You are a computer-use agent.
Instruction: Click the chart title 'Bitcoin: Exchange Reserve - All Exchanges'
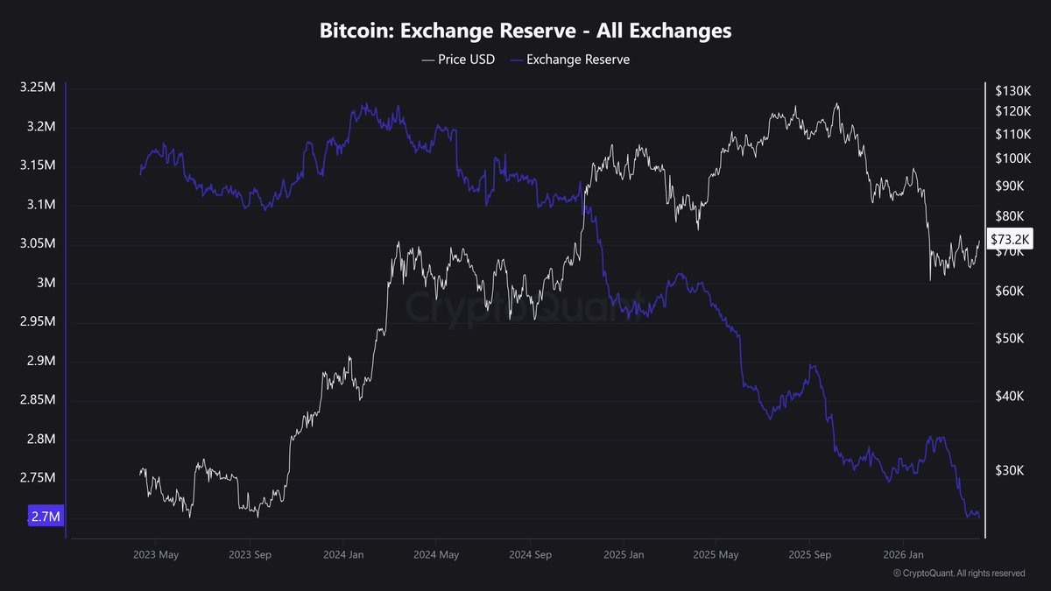pos(525,31)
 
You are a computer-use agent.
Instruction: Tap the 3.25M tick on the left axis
pos(39,88)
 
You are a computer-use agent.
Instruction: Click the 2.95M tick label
pos(39,322)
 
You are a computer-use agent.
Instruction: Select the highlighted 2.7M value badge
pos(46,517)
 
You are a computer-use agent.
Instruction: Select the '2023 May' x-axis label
pos(156,555)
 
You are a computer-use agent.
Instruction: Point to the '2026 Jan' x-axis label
pos(903,555)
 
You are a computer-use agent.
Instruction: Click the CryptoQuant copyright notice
pos(958,573)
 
